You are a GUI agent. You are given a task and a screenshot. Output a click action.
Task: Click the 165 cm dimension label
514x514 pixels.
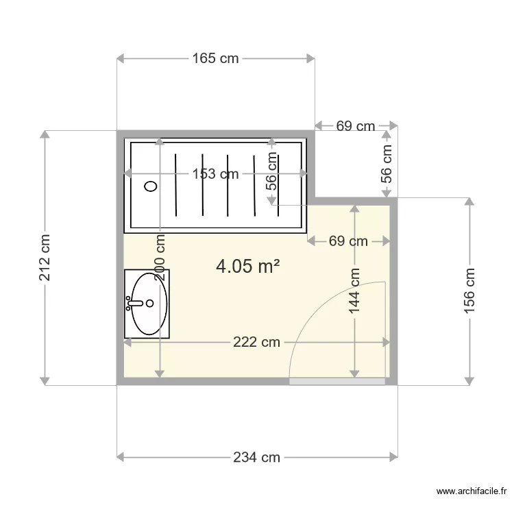(215, 59)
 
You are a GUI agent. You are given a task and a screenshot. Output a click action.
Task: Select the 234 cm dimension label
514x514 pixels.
(256, 457)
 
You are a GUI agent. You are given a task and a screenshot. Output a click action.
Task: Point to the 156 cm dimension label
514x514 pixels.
(469, 291)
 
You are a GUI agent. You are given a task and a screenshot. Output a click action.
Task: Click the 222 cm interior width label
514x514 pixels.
(256, 342)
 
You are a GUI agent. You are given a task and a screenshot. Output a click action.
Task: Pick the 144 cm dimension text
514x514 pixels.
(354, 291)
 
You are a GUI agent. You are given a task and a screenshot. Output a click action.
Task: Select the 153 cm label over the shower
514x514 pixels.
(215, 174)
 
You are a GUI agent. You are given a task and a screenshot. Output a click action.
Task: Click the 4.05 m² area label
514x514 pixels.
(247, 266)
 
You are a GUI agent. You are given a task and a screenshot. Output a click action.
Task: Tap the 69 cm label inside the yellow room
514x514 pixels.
(348, 241)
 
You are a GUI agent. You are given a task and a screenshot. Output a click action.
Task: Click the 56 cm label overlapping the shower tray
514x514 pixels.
(272, 171)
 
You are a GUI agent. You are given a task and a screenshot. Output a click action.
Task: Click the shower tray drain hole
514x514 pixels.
(151, 185)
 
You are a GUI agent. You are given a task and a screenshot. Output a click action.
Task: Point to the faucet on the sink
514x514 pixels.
(132, 303)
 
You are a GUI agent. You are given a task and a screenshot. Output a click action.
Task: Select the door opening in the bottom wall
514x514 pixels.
(337, 381)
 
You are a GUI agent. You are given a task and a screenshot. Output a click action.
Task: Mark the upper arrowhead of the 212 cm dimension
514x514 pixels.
(45, 135)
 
